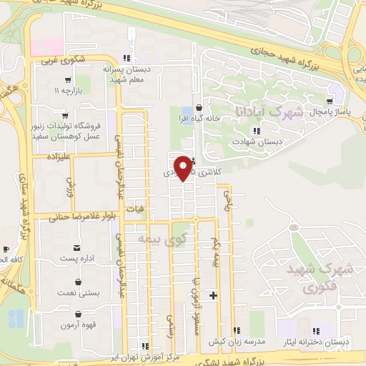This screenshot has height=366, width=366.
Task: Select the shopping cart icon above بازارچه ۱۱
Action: [x=68, y=80]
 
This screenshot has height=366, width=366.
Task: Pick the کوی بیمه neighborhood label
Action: [x=160, y=238]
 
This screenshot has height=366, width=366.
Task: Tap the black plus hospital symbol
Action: [x=213, y=295]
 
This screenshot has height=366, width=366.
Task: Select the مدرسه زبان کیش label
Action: [x=259, y=340]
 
